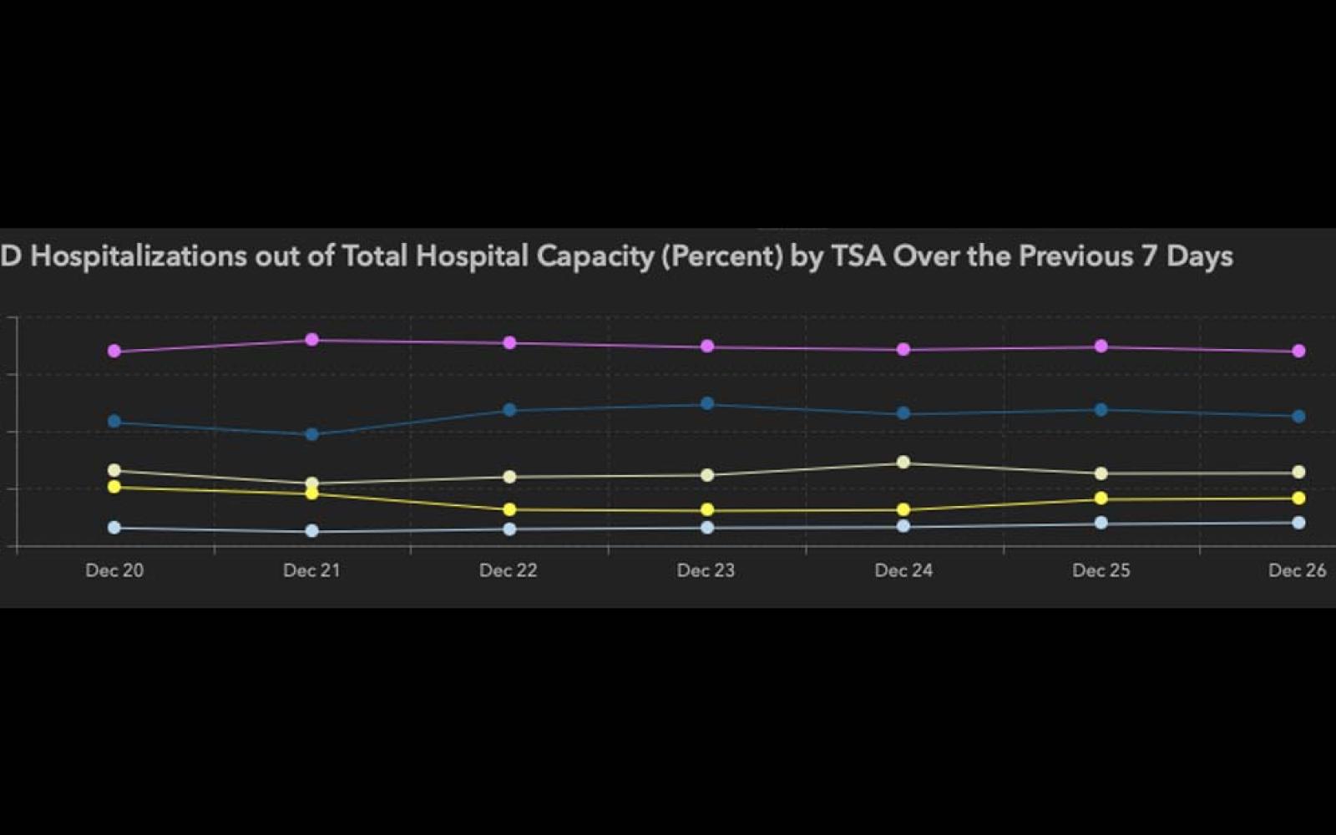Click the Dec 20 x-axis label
[114, 570]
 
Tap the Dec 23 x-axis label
[706, 570]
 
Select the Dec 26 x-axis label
[1297, 570]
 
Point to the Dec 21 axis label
[311, 570]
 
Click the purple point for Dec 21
[311, 340]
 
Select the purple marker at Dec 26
[1298, 352]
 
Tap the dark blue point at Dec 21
[311, 434]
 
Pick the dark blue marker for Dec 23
[707, 404]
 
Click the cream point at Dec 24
[903, 463]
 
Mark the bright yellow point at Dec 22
[509, 509]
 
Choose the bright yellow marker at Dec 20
[114, 487]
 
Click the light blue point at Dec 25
[1101, 523]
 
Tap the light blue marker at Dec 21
[311, 531]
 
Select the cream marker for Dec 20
[114, 471]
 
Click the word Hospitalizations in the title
[139, 256]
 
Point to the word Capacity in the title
[595, 256]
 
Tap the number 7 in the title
[1149, 256]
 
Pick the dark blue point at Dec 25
[1101, 410]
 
